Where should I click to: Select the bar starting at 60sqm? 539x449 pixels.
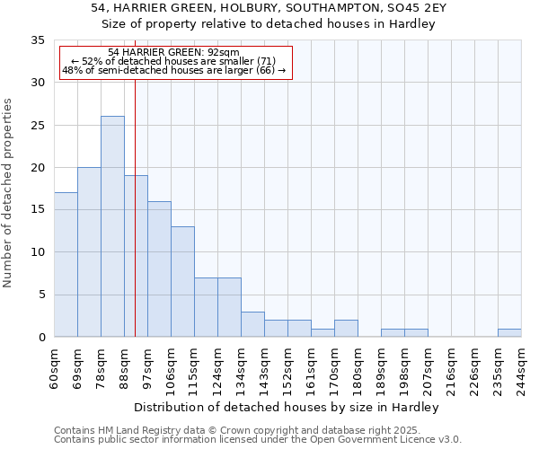click(66, 265)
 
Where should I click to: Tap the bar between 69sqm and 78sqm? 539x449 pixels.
click(89, 251)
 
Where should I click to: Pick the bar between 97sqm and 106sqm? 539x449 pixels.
click(159, 269)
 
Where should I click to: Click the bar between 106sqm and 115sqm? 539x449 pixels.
click(182, 282)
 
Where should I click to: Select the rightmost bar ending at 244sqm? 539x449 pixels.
click(509, 333)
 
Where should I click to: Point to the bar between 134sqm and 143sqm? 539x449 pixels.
click(252, 324)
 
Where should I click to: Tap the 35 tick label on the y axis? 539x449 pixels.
click(38, 40)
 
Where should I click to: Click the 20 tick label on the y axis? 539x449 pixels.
click(38, 168)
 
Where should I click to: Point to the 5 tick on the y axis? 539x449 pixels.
click(41, 295)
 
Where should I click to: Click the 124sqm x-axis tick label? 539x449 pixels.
click(218, 366)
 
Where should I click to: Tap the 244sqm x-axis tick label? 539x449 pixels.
click(522, 366)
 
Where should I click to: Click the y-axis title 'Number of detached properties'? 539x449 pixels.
click(9, 193)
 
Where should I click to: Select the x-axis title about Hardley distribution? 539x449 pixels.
click(287, 408)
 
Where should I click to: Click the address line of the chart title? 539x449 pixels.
click(269, 8)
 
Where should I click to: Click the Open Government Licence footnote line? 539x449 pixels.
click(257, 440)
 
